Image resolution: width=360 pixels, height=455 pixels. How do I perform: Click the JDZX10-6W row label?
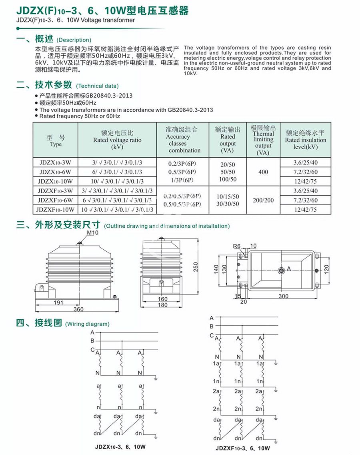coord(55,172)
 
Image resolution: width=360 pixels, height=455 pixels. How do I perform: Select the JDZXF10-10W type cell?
coord(55,209)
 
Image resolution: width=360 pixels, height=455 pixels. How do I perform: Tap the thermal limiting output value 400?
coord(263,172)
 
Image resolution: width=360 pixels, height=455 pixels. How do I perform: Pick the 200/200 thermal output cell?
coord(263,200)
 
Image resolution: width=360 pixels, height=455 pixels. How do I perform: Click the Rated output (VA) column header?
coord(228,140)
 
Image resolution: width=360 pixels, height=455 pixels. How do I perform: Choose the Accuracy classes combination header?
coord(182,140)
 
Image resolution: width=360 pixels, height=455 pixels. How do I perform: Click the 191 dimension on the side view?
coord(58,303)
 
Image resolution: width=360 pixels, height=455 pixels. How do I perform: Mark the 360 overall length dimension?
coord(78,309)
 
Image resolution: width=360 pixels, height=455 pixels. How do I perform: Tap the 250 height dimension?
coord(196,267)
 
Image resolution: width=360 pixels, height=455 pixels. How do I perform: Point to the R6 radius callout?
coord(237,246)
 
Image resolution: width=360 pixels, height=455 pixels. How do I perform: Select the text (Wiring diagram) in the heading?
coord(87,324)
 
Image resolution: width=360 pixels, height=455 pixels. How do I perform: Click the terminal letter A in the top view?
coord(289,269)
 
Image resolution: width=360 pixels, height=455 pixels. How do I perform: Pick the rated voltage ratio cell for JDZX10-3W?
coord(117,163)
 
